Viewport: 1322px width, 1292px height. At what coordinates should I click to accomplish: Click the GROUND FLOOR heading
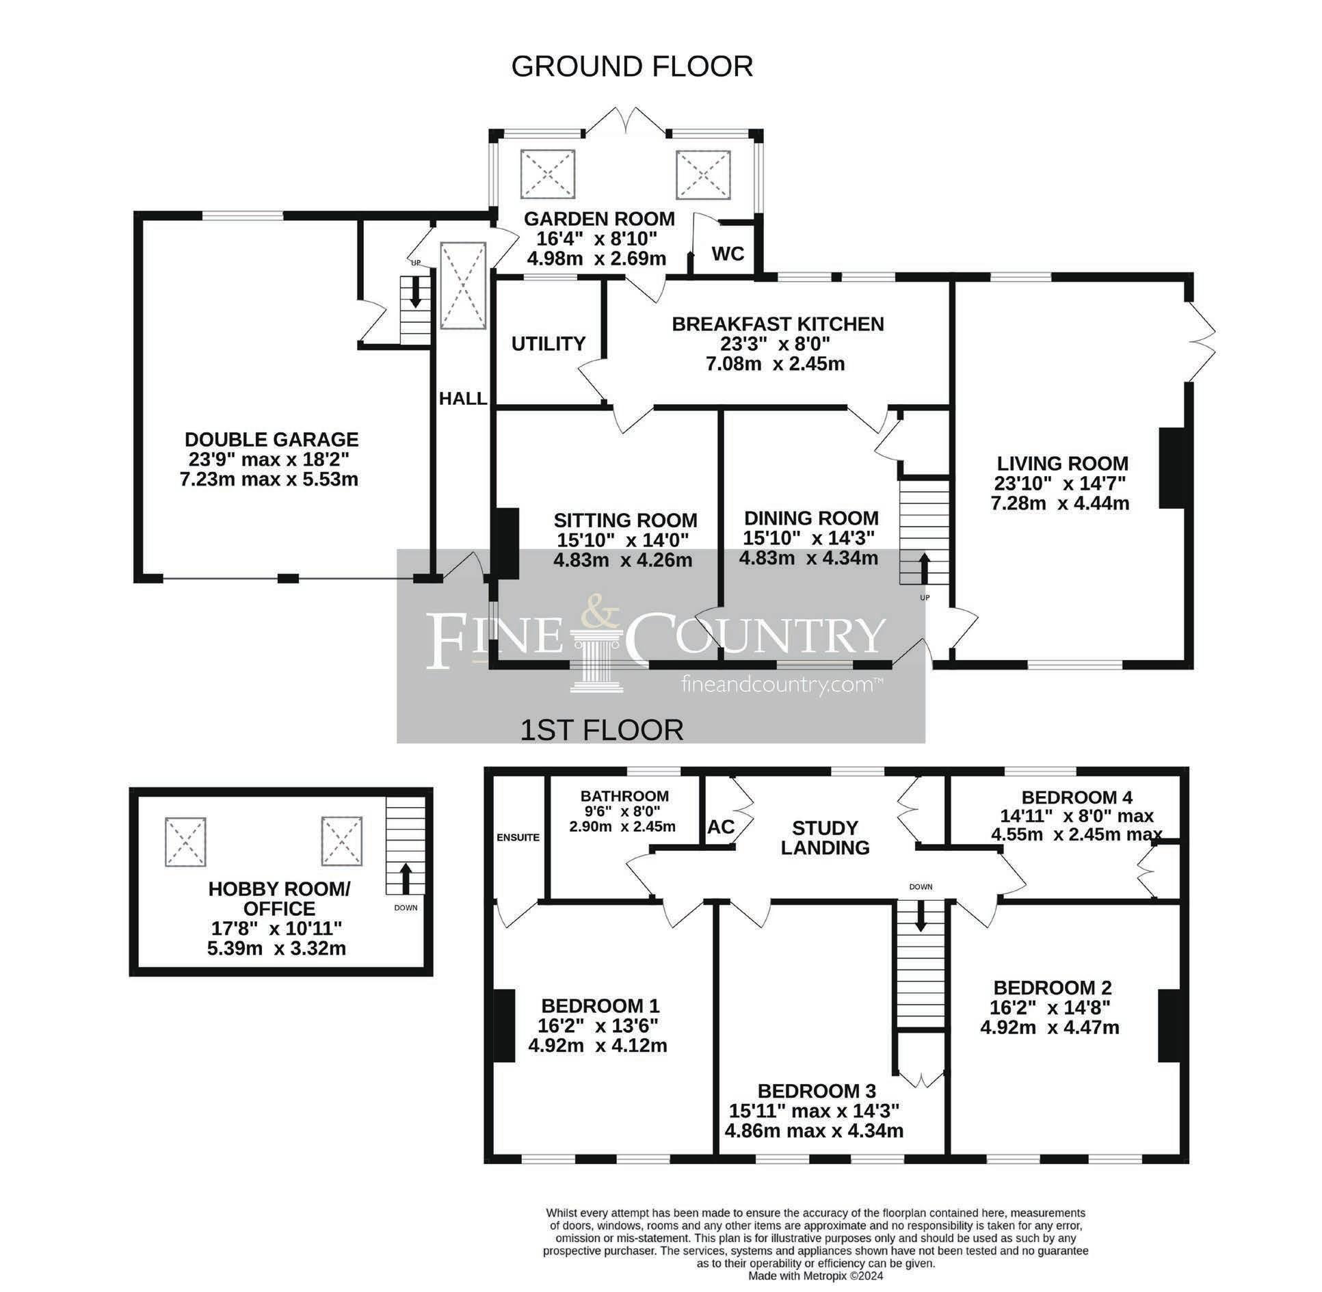[x=631, y=66]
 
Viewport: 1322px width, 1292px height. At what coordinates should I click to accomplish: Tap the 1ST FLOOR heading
[x=602, y=730]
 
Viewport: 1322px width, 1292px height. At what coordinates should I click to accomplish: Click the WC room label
[x=728, y=254]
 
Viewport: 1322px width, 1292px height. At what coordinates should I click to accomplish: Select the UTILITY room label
[x=548, y=343]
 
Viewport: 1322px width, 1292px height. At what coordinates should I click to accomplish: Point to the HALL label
[x=463, y=398]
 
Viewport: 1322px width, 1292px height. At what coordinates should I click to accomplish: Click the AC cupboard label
[x=721, y=826]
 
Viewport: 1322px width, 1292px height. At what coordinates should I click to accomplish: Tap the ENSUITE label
[x=518, y=837]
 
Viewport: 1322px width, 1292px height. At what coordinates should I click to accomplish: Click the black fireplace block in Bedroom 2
[x=1167, y=1025]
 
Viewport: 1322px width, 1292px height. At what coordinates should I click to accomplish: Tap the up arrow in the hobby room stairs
[x=404, y=878]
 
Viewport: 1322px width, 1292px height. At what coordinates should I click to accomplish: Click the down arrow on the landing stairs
[x=921, y=916]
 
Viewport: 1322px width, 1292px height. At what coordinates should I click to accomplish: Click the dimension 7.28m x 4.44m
[x=1059, y=503]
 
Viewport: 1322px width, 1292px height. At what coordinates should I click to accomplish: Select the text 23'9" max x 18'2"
[x=271, y=460]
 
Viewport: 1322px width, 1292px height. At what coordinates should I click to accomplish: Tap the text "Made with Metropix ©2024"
[x=815, y=1276]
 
